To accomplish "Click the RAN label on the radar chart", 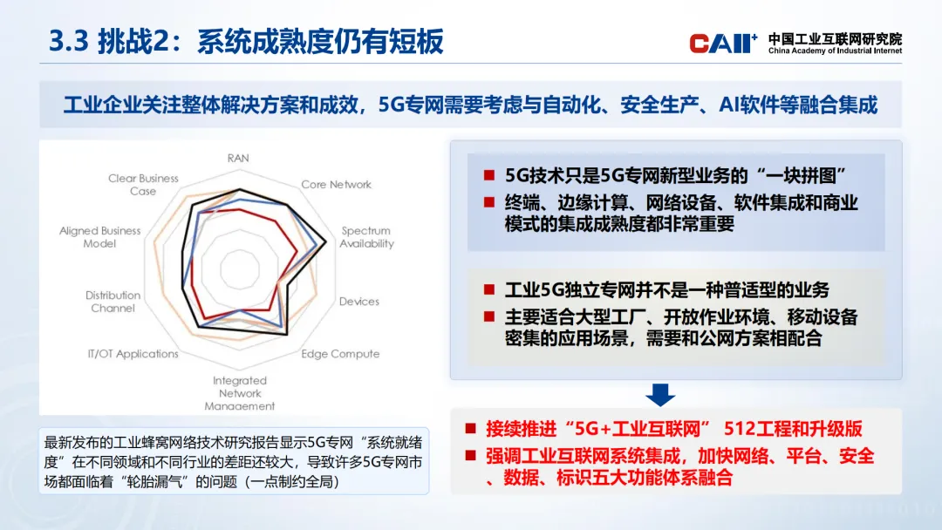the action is (x=238, y=158).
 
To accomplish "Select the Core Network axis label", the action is (x=336, y=184).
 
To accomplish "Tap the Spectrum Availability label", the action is (x=366, y=237).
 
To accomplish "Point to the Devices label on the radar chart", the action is (x=358, y=302).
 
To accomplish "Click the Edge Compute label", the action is (x=340, y=354).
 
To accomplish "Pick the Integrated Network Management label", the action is (x=239, y=393).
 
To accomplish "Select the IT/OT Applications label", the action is (x=133, y=354).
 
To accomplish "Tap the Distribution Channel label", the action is (x=113, y=302).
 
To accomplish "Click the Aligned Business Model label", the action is (x=99, y=237).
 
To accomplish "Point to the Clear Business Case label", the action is (x=143, y=184).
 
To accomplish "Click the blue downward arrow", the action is (x=660, y=395).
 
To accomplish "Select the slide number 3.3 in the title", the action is (x=69, y=42).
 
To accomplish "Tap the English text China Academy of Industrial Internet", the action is (x=835, y=51).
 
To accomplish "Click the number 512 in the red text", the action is (x=739, y=429).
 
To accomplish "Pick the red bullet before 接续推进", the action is (x=470, y=429).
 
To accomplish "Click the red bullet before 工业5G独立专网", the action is (x=489, y=290).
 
